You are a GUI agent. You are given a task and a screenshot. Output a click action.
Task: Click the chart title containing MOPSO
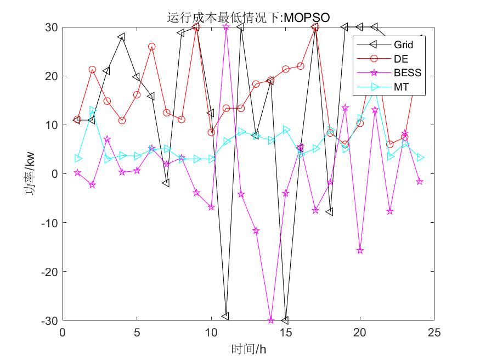coord(248,18)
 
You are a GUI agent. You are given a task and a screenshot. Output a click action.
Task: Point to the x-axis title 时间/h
coord(249,348)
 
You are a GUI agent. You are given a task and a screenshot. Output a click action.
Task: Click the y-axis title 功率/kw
coord(32,173)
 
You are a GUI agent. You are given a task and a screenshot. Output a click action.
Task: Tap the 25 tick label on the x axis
coord(434,333)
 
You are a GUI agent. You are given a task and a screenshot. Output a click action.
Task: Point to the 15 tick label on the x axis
coord(285,333)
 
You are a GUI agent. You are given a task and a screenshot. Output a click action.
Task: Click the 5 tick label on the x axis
coord(137,333)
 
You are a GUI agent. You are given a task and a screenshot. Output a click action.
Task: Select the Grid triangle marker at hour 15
coord(285,320)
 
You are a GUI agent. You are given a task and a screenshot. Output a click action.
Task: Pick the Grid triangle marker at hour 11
coord(225,316)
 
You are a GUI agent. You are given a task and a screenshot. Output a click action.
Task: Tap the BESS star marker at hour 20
coord(360,250)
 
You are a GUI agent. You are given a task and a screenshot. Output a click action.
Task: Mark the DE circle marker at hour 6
coord(151,47)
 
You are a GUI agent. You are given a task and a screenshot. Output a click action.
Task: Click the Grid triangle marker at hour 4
coord(121,37)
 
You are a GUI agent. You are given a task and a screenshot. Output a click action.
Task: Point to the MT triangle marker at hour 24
coord(420,157)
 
